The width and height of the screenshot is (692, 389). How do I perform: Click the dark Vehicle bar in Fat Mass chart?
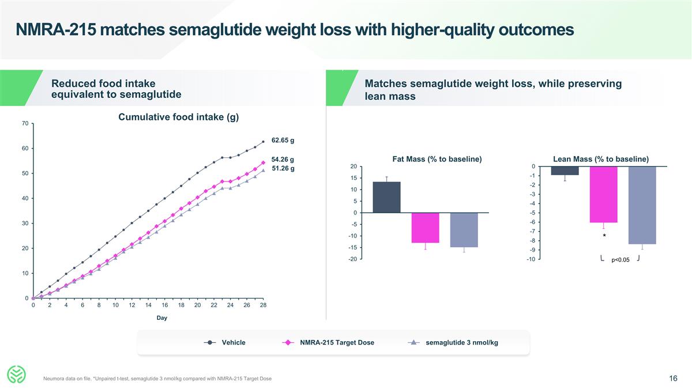click(386, 197)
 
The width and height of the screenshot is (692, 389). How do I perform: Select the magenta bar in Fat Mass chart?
click(425, 228)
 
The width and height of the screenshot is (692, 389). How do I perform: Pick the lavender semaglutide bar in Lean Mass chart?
click(642, 205)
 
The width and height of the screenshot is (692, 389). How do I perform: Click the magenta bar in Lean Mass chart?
click(603, 194)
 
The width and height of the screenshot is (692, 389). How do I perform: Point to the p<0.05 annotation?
click(620, 260)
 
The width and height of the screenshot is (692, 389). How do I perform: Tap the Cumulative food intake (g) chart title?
click(178, 118)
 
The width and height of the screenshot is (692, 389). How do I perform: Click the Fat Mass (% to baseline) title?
click(437, 159)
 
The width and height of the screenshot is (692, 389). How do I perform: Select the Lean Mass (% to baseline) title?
click(600, 159)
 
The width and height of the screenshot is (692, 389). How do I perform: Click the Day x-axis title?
click(162, 318)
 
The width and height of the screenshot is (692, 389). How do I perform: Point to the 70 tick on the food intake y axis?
click(25, 123)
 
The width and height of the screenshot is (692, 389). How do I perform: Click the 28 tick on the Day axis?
click(263, 305)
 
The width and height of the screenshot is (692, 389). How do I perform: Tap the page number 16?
click(673, 379)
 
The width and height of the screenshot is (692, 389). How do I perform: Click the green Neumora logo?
click(17, 375)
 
